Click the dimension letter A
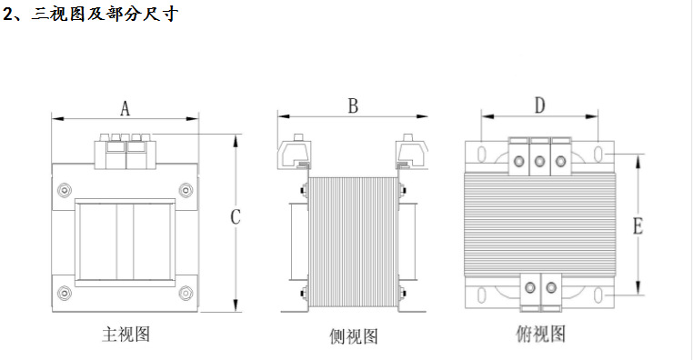pyautogui.click(x=126, y=109)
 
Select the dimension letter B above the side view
pyautogui.click(x=353, y=106)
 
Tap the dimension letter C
pyautogui.click(x=235, y=218)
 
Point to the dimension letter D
pyautogui.click(x=539, y=106)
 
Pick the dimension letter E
pyautogui.click(x=638, y=226)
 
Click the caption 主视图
pyautogui.click(x=126, y=334)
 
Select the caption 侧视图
pyautogui.click(x=353, y=337)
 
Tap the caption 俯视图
pyautogui.click(x=540, y=334)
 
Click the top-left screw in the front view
pyautogui.click(x=64, y=190)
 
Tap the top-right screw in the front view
pyautogui.click(x=186, y=190)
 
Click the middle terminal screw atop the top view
pyautogui.click(x=539, y=162)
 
